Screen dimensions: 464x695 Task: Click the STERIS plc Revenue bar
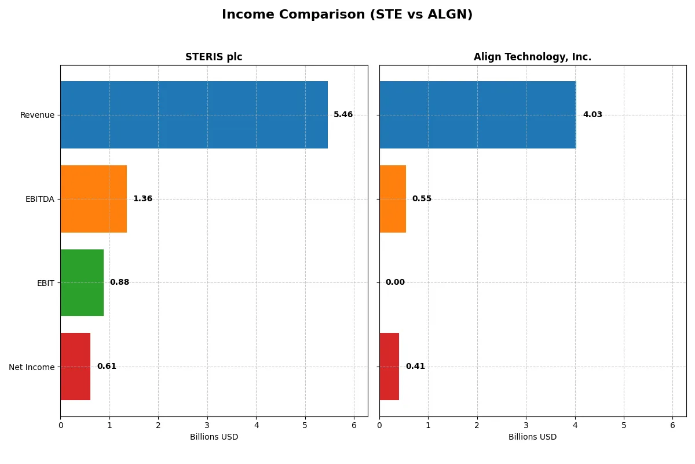[194, 115]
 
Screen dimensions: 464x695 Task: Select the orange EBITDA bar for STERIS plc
[93, 199]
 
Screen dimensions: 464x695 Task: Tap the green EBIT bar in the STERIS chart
[82, 282]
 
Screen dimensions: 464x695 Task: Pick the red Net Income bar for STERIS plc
[75, 367]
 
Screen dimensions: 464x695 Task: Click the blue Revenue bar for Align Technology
[478, 115]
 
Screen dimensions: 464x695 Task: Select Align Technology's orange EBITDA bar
[393, 199]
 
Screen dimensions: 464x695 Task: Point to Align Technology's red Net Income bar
[389, 367]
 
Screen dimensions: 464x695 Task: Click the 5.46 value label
[343, 115]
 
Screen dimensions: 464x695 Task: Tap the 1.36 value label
[142, 199]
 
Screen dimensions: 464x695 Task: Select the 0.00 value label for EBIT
[395, 282]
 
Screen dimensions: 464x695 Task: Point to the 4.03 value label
[592, 115]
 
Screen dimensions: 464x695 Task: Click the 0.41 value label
[415, 367]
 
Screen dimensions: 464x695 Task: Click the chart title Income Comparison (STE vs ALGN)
[347, 15]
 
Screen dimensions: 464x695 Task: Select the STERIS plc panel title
[214, 57]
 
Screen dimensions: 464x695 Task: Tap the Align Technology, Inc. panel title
[532, 57]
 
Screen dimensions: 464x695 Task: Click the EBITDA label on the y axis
[40, 199]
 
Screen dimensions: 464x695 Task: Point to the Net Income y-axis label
[32, 367]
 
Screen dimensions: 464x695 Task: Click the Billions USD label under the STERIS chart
[214, 437]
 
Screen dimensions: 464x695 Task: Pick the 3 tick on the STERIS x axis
[207, 425]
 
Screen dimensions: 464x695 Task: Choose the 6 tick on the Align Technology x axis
[672, 425]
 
